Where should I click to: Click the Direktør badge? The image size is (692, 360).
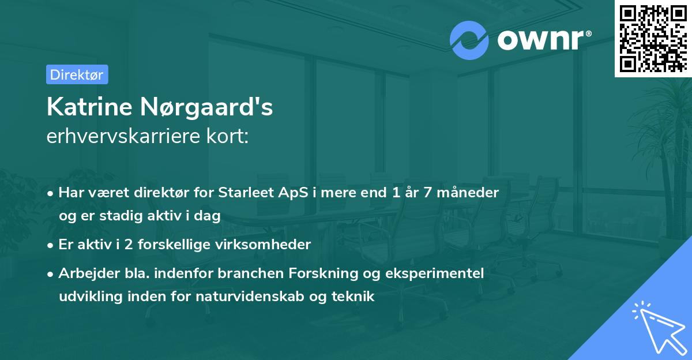click(x=77, y=74)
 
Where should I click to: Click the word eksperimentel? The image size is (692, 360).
click(x=436, y=273)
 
